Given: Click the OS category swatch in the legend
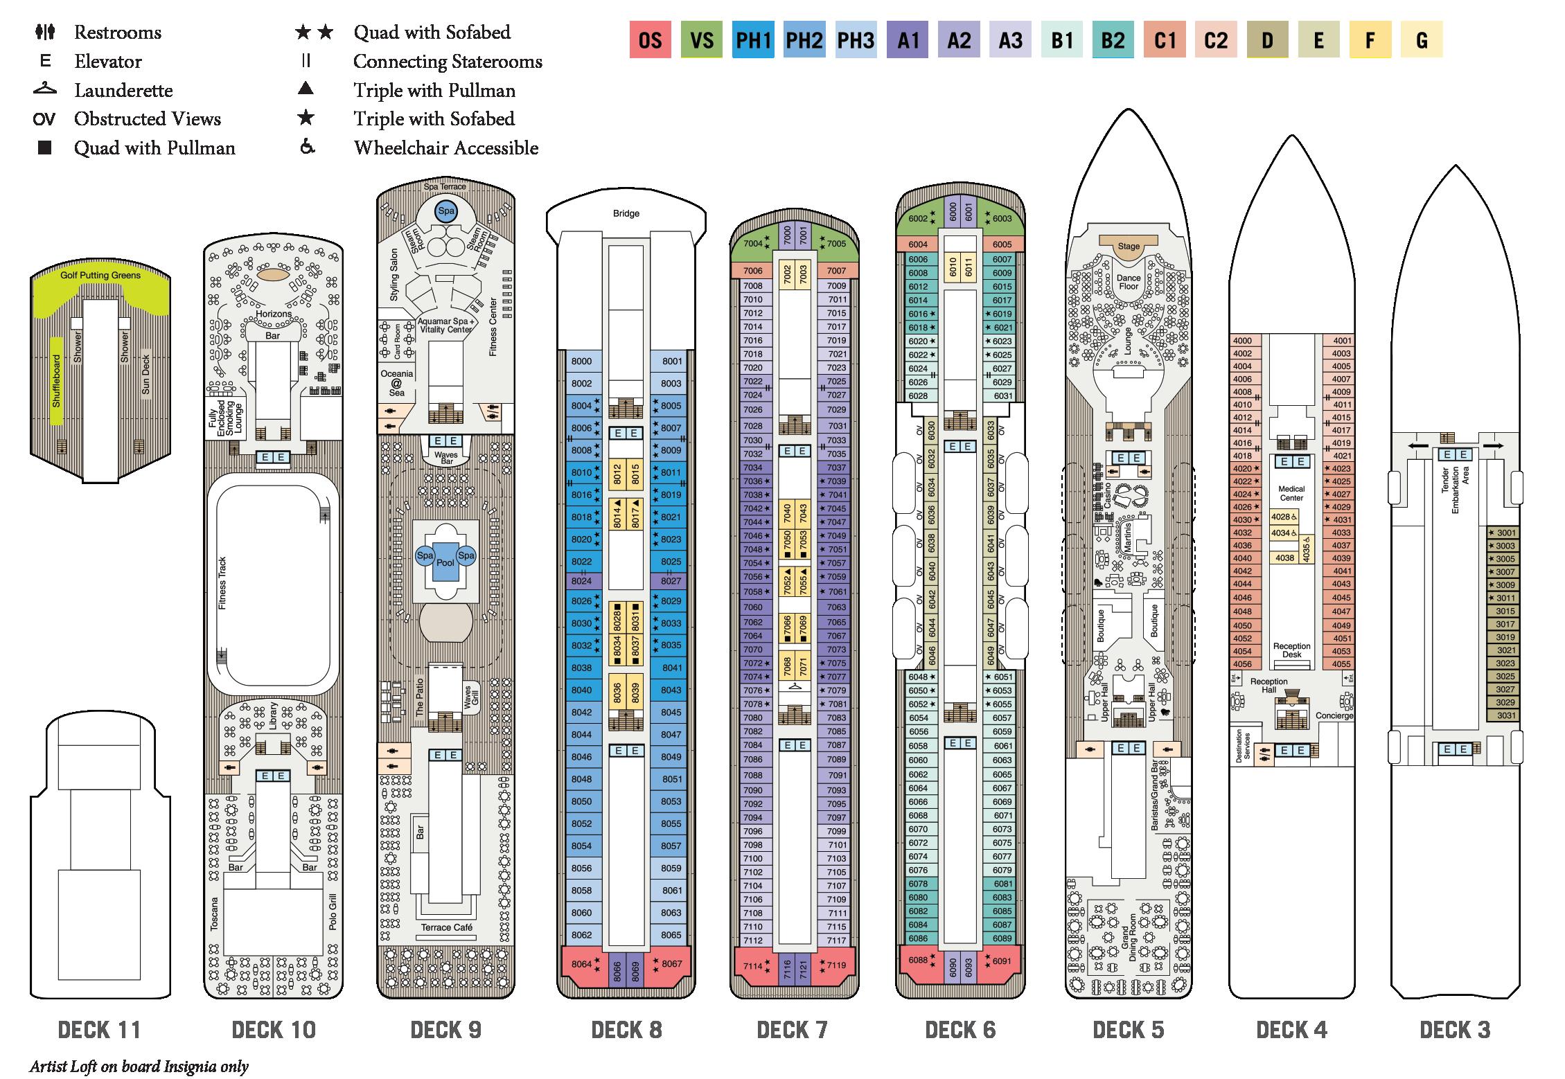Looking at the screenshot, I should [x=650, y=40].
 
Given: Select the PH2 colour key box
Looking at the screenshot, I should [x=804, y=40].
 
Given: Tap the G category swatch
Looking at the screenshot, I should [x=1421, y=40].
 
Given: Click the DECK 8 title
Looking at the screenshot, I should [x=626, y=1030].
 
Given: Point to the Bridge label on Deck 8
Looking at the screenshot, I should [x=626, y=213].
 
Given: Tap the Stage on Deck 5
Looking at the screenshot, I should [x=1129, y=246].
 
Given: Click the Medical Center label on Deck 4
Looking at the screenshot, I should [x=1291, y=493].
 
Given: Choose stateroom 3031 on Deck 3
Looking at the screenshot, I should [x=1506, y=715].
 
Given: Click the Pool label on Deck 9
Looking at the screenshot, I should [x=445, y=562].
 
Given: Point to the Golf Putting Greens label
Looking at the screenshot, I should [x=100, y=275].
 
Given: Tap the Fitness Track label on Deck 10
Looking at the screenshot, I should [x=222, y=583].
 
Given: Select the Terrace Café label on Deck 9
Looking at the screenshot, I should [x=446, y=927].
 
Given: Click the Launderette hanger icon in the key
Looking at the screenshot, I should [x=44, y=89].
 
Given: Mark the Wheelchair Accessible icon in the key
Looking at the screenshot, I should [x=306, y=148].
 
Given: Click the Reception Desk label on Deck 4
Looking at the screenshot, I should [x=1291, y=650].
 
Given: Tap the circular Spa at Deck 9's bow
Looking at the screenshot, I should [x=445, y=211].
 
